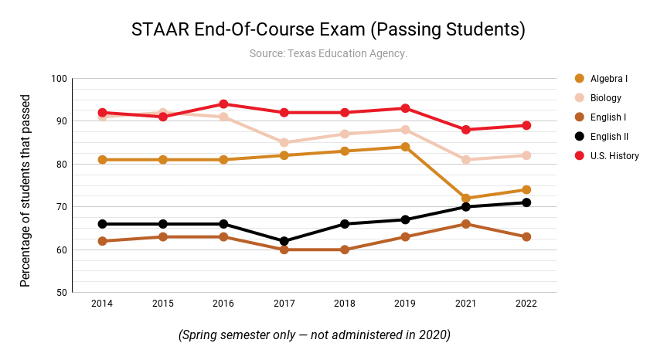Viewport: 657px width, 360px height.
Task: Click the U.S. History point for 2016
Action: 223,104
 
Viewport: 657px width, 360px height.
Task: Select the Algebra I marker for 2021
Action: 466,199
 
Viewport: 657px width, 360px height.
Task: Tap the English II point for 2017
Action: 284,241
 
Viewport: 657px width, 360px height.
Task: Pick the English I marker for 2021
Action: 466,224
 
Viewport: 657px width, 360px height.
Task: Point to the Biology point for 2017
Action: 284,143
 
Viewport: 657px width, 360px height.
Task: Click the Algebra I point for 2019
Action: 405,147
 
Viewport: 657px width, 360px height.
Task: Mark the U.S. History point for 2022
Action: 526,125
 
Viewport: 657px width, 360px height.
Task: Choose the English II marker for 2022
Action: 526,202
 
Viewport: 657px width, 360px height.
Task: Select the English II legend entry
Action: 608,137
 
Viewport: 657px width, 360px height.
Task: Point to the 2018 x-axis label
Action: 344,304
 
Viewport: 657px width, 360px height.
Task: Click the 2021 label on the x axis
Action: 466,304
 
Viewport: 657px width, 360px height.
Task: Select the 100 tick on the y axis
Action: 59,79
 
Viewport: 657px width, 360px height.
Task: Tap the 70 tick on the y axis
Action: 61,207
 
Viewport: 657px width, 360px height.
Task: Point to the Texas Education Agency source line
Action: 328,53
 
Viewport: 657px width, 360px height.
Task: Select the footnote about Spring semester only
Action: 314,335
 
